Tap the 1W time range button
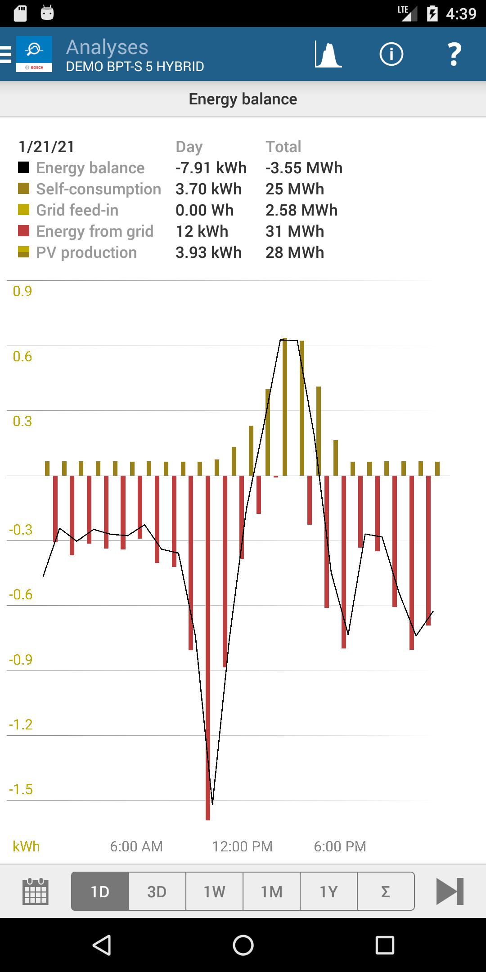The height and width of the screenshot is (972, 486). coord(214,891)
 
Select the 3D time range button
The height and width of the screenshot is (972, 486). coord(157,891)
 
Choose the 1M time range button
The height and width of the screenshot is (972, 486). coord(271,891)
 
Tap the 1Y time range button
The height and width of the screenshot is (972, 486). coord(328,891)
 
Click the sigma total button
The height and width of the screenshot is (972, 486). coord(385,891)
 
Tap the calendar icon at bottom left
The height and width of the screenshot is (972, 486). coord(35,891)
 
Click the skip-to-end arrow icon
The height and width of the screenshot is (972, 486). coord(450,891)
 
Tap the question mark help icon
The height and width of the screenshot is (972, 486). coord(454,54)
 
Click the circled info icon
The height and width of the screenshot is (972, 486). coord(391,54)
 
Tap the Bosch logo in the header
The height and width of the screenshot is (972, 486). coord(34,54)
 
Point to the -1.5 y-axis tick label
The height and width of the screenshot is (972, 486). coord(21,789)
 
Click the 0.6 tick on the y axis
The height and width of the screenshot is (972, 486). coord(22,356)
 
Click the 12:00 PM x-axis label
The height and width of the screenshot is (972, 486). coord(243,846)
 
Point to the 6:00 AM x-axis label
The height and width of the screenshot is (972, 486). coord(136,846)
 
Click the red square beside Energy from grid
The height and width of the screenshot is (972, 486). coord(23,231)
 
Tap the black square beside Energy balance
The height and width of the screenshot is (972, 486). coord(23,167)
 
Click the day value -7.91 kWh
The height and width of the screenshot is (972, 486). coord(211,168)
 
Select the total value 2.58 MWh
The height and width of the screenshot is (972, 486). coord(301,210)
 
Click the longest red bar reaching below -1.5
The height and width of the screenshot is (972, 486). coord(208,675)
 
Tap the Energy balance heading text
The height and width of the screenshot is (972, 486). coord(243,99)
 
